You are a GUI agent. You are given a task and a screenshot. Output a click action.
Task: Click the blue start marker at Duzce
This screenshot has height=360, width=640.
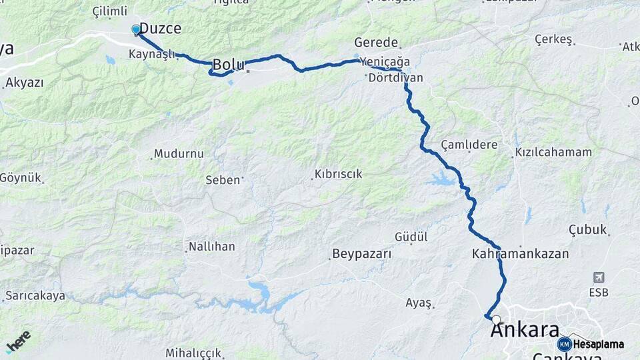pos(136,29)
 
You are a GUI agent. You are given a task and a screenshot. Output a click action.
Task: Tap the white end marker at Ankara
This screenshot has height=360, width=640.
pos(496,320)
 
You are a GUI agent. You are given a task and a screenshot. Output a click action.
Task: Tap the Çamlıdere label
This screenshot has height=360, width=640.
pos(469,145)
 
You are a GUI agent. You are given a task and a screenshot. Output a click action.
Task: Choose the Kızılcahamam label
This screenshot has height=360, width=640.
pos(553,152)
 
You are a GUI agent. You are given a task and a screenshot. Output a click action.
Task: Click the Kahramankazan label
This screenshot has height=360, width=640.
pos(520,254)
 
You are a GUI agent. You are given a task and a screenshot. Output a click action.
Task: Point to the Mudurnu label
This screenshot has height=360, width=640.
pos(179,154)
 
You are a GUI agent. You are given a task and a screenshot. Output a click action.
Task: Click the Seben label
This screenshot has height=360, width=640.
pos(223,180)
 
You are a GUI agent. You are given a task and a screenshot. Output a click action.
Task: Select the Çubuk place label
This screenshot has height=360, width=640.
pos(588,230)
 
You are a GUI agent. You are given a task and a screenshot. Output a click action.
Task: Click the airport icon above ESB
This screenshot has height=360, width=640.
pos(599,277)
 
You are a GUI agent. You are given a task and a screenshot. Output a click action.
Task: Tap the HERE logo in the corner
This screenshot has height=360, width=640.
pos(18,341)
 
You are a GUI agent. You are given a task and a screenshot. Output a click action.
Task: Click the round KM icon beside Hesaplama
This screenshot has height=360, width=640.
pos(565,344)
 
